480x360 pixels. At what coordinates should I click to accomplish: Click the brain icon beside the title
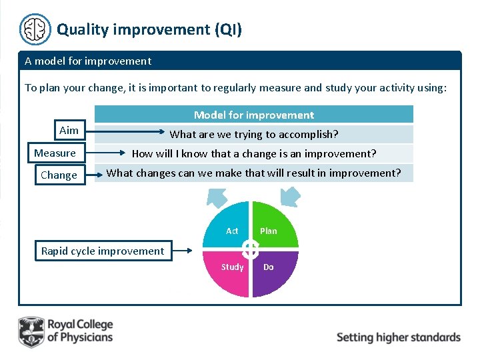click(35, 29)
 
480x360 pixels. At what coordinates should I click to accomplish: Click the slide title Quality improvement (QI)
click(149, 29)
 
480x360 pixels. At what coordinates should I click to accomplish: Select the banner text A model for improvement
click(88, 61)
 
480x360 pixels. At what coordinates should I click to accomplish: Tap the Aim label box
click(69, 131)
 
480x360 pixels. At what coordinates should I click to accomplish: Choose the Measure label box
click(55, 153)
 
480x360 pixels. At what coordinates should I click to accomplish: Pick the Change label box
click(59, 175)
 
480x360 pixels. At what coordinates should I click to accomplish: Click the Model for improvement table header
click(253, 115)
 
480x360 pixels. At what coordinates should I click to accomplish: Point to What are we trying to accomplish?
click(253, 134)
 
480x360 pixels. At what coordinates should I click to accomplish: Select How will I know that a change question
click(253, 153)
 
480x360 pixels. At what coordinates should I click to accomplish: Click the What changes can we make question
click(253, 173)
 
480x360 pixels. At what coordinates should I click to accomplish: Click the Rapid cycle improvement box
click(103, 251)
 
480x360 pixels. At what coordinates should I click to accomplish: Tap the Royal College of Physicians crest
click(30, 331)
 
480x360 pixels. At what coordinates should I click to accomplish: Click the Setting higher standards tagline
click(398, 337)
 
